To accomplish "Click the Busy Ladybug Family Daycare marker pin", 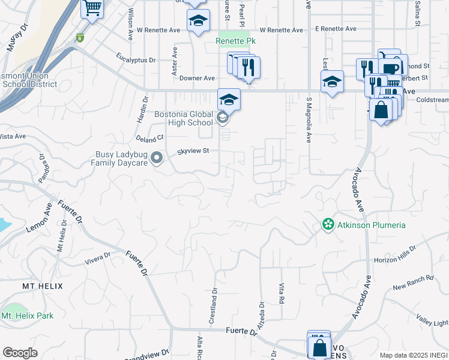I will click(157, 158).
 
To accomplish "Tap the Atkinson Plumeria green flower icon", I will click(328, 225).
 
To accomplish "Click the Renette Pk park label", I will click(235, 41).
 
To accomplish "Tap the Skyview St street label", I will click(193, 151).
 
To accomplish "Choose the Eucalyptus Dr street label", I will click(136, 60).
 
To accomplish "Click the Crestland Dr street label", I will click(213, 306).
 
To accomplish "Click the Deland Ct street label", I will click(150, 139).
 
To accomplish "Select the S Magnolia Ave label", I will click(309, 121).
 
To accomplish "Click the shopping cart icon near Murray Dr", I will click(92, 8).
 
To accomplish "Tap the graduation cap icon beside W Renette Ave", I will click(197, 21).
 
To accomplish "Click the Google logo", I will click(20, 353).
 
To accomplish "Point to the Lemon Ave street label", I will click(39, 219).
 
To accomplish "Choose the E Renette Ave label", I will click(336, 29).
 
